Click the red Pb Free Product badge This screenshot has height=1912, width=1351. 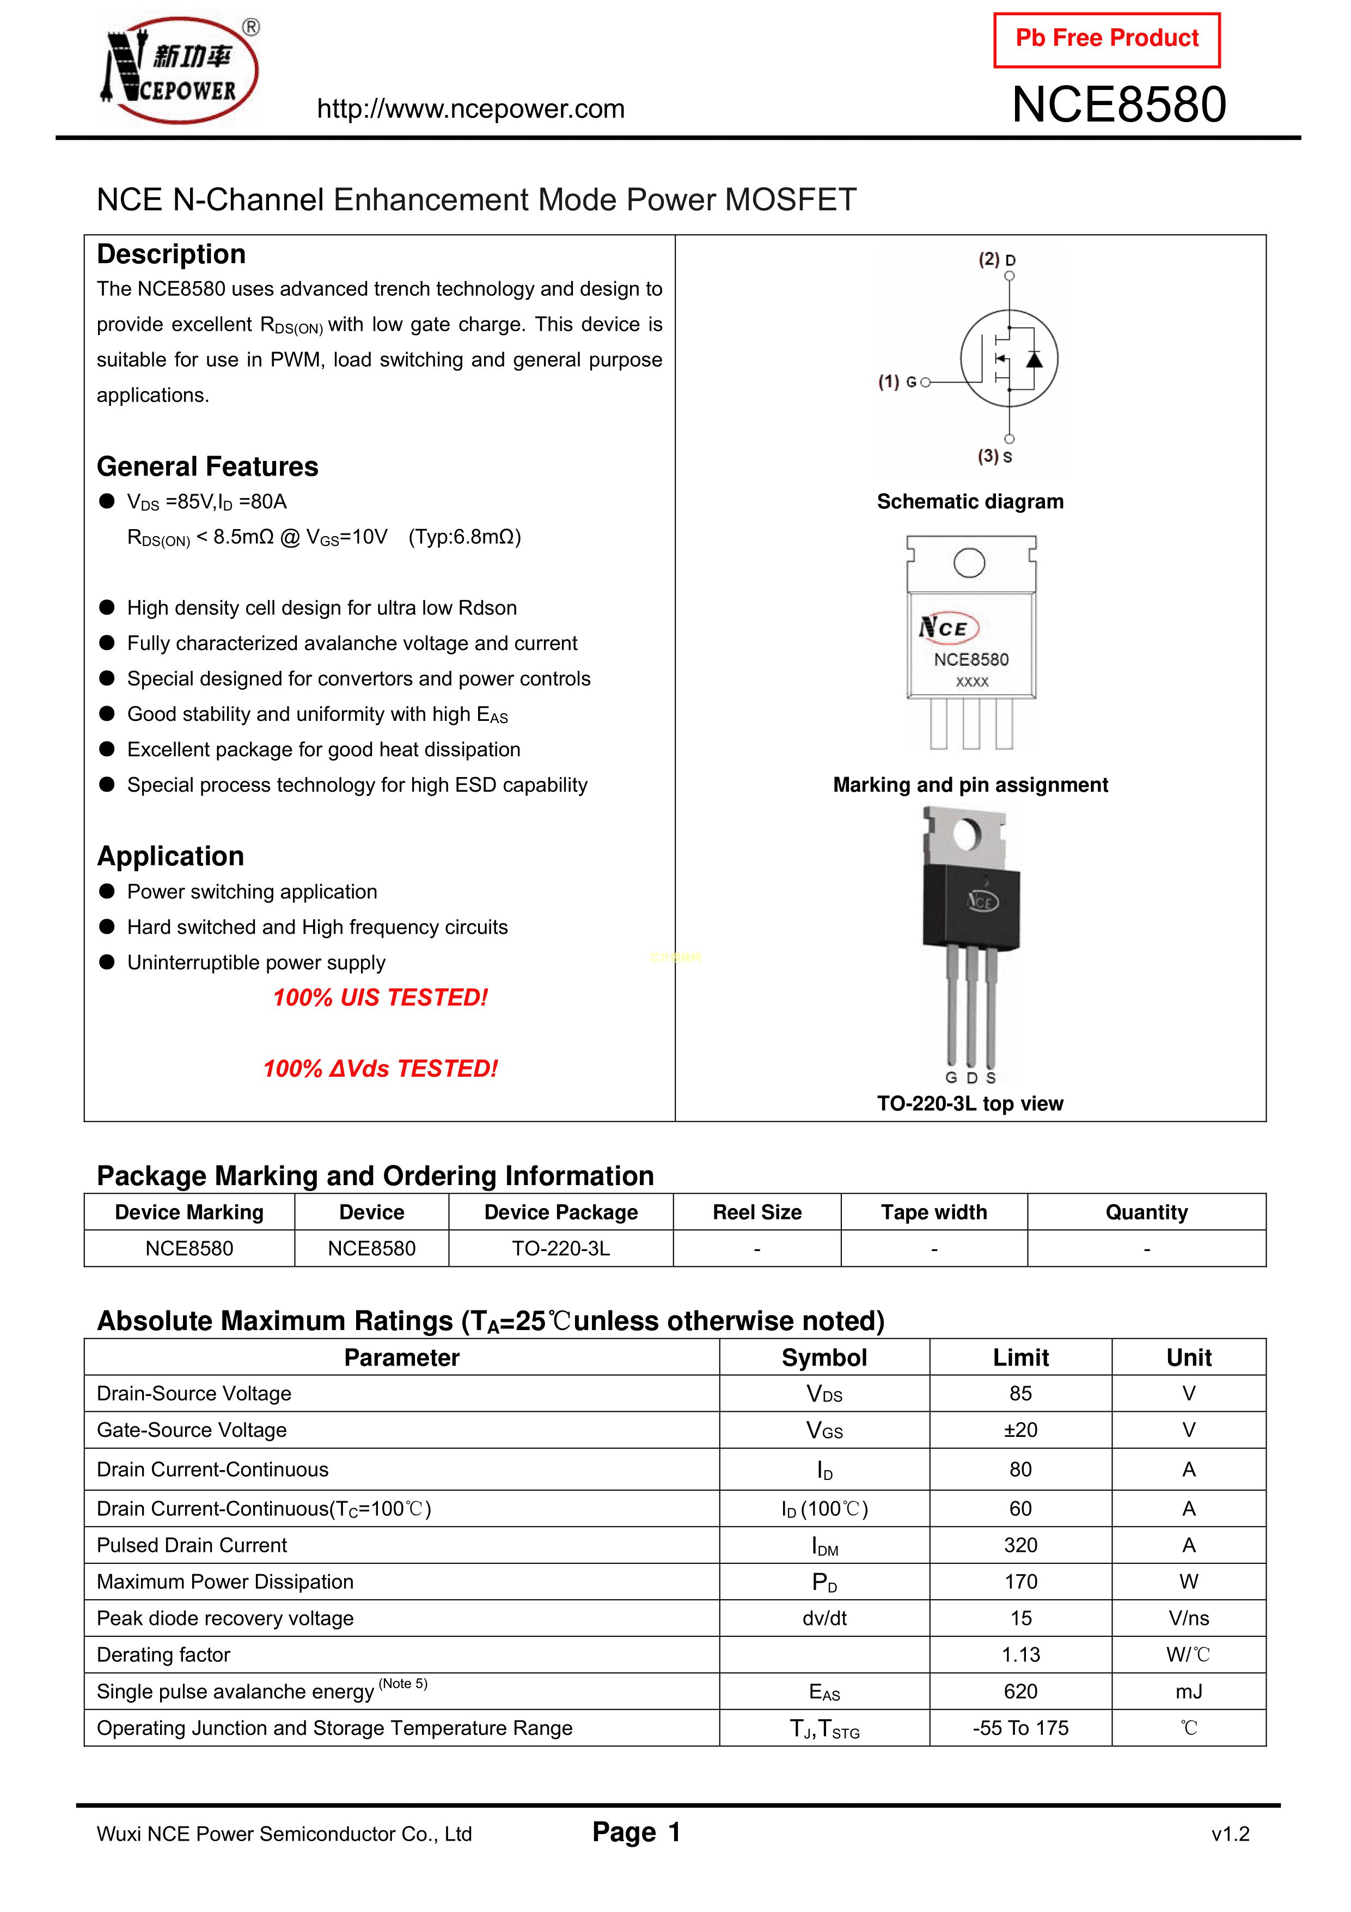(x=1107, y=39)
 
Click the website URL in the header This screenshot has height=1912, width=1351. (x=470, y=109)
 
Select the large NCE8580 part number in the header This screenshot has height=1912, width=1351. (x=1119, y=105)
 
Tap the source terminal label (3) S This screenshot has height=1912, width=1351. (x=995, y=457)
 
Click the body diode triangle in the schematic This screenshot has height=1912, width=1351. (x=1034, y=360)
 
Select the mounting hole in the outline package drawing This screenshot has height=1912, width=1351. (x=969, y=563)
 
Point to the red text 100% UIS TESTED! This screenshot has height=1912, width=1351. (x=381, y=998)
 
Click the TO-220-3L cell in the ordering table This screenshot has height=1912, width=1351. (x=560, y=1248)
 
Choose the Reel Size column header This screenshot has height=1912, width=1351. (x=757, y=1212)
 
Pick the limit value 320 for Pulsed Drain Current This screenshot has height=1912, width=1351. (x=1020, y=1546)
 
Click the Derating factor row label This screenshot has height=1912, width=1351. (x=163, y=1655)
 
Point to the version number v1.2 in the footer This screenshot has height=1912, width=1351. (x=1230, y=1834)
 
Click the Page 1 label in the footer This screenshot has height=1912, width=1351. (x=636, y=1832)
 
